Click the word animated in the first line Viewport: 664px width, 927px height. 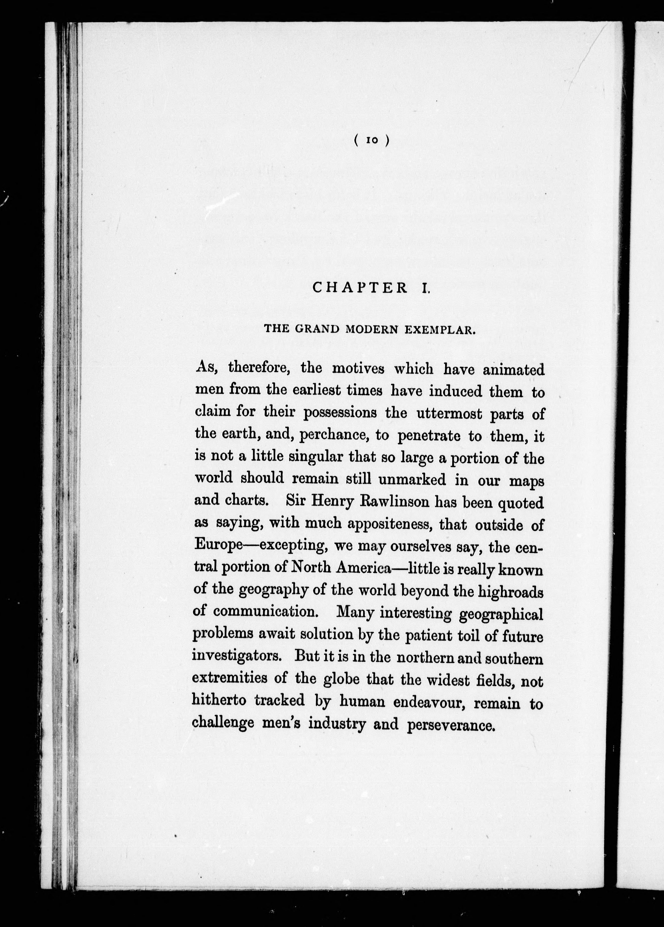[x=513, y=370]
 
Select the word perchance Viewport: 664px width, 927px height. [x=334, y=436]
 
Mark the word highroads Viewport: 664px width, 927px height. [x=510, y=591]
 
